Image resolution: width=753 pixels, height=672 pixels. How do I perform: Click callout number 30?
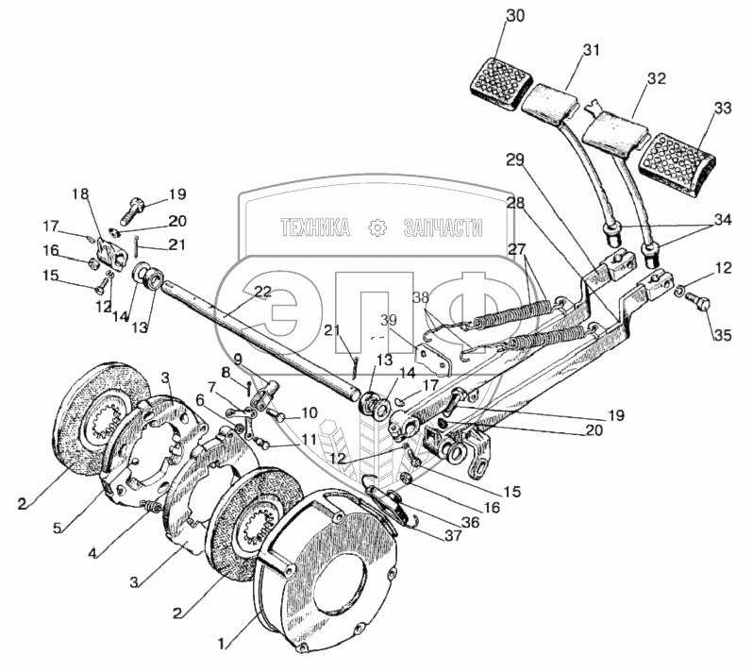pos(515,16)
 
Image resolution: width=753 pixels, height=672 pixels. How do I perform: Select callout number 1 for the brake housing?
pos(222,644)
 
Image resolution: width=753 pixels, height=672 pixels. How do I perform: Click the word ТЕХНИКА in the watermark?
pos(315,227)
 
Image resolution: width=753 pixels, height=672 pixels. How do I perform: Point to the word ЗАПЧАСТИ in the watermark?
pos(443,227)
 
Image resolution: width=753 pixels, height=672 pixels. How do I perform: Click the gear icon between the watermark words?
pos(377,227)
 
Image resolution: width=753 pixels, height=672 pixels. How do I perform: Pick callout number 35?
pos(722,335)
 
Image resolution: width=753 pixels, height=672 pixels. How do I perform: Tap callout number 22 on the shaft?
pos(263,293)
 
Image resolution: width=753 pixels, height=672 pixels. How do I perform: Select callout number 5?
pos(58,528)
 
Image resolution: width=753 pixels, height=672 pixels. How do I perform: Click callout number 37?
pos(453,535)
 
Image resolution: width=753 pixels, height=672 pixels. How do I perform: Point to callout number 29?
pos(515,160)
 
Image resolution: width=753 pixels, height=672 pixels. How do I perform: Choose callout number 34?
pos(722,220)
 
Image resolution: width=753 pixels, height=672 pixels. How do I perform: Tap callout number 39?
pos(391,320)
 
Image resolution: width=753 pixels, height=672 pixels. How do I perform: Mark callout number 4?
pos(92,553)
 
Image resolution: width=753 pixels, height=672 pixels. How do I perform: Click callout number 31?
pos(592,49)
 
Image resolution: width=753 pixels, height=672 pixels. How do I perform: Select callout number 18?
pos(81,194)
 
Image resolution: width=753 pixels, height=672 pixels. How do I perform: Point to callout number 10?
pos(310,413)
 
